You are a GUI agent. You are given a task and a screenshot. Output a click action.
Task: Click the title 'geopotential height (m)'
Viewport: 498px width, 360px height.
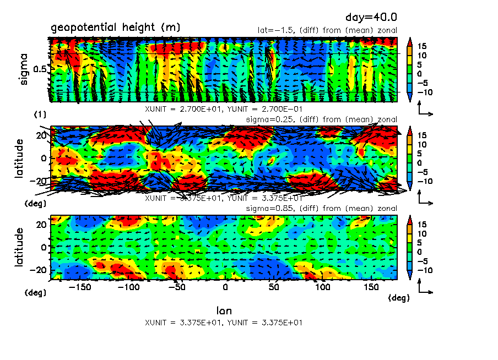pyautogui.click(x=115, y=28)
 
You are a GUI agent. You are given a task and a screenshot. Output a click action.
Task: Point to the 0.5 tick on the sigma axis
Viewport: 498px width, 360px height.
pyautogui.click(x=41, y=69)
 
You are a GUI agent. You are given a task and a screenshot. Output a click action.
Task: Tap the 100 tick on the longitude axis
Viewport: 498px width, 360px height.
pyautogui.click(x=323, y=288)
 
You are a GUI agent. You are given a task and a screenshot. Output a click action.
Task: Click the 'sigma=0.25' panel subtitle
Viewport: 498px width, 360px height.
pyautogui.click(x=268, y=119)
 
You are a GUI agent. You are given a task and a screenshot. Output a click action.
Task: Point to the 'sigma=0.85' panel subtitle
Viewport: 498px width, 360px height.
pyautogui.click(x=268, y=209)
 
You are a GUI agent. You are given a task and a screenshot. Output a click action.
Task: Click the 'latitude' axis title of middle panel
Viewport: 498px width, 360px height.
pyautogui.click(x=20, y=158)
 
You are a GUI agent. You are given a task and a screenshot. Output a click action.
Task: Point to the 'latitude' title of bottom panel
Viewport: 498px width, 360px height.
pyautogui.click(x=20, y=247)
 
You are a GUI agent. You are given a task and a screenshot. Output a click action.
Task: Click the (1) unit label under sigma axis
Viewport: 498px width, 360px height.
pyautogui.click(x=40, y=114)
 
